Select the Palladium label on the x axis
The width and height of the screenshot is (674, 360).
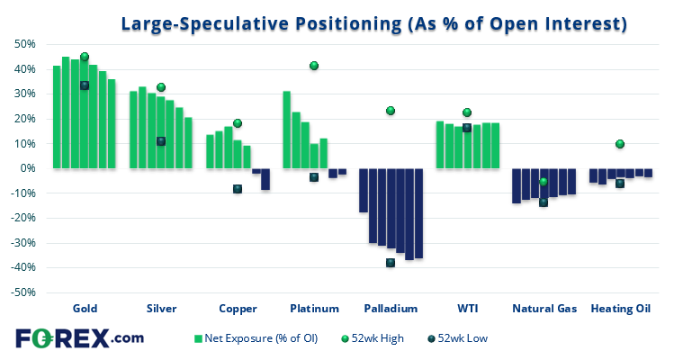coord(391,308)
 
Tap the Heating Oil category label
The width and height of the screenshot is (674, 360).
coord(620,308)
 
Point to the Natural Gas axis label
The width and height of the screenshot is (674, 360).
coord(544,308)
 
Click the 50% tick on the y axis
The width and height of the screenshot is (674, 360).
coord(23,44)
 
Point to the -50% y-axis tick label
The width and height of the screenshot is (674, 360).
coord(22,292)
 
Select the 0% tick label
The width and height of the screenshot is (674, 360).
coord(27,168)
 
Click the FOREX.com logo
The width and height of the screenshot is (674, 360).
coord(79,338)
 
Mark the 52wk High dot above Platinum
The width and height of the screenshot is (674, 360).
coord(314,66)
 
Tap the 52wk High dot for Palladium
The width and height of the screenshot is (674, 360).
coord(391,111)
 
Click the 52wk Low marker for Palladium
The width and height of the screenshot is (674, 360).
coord(391,263)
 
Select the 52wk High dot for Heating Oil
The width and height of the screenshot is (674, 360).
coord(620,144)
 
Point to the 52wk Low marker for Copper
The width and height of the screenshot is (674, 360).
coord(238,189)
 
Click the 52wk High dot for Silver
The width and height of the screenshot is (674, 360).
coord(161,87)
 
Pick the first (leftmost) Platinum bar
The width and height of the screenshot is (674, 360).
coord(287,130)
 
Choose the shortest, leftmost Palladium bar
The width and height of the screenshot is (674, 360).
coord(364,190)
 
